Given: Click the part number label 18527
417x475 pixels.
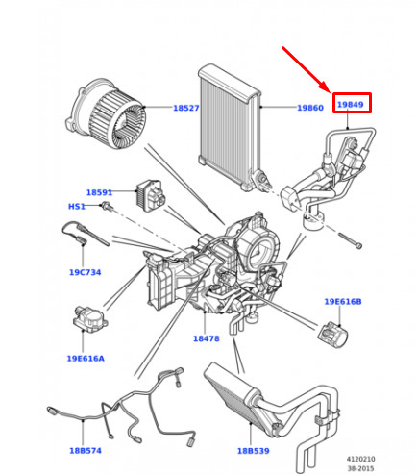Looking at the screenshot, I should pyautogui.click(x=185, y=109).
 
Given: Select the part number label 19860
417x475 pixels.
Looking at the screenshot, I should pyautogui.click(x=309, y=109).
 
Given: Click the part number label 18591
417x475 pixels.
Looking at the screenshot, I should pyautogui.click(x=99, y=192).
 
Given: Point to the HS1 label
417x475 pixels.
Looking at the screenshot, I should pyautogui.click(x=76, y=207).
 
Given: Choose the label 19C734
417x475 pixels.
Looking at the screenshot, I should pyautogui.click(x=85, y=272).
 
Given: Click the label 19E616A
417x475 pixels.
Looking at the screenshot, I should pyautogui.click(x=86, y=358).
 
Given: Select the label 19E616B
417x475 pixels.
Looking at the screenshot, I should pyautogui.click(x=342, y=302).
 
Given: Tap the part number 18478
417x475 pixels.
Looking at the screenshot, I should pyautogui.click(x=207, y=338).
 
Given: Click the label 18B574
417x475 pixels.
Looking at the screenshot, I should pyautogui.click(x=86, y=449).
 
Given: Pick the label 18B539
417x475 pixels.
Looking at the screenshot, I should pyautogui.click(x=256, y=449).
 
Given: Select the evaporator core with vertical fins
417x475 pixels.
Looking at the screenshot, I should pyautogui.click(x=227, y=115).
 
